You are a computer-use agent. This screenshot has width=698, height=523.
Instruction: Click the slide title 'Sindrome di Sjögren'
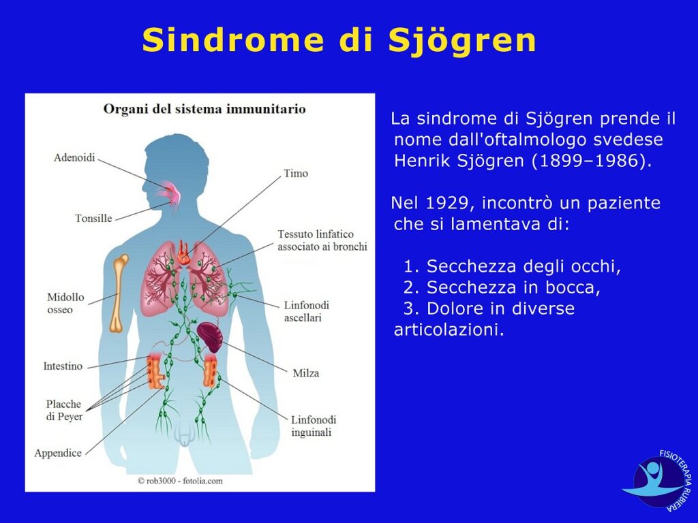click(339, 40)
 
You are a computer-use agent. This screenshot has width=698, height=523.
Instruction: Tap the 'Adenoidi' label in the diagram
click(74, 158)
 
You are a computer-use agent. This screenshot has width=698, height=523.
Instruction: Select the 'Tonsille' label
click(93, 219)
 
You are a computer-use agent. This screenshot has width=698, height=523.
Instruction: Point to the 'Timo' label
click(296, 174)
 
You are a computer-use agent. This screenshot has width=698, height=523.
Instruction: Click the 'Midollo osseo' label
click(65, 303)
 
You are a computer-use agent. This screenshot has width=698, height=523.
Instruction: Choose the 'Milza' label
click(306, 373)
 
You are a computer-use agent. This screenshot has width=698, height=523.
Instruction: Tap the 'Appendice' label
click(58, 453)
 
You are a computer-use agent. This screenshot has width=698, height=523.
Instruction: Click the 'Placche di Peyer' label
click(65, 410)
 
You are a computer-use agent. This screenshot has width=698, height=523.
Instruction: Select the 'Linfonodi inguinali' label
click(314, 426)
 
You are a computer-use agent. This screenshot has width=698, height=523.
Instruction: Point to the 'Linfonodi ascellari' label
click(307, 311)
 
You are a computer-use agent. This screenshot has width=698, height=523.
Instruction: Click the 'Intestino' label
click(63, 366)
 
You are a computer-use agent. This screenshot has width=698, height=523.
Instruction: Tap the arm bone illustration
click(119, 294)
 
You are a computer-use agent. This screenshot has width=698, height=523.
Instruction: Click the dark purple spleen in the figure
click(211, 336)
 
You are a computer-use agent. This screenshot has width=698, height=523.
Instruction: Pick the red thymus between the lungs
click(183, 253)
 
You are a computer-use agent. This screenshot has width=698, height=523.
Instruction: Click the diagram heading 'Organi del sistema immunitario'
click(204, 109)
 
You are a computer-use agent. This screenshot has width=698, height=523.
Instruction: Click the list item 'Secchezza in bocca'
click(502, 287)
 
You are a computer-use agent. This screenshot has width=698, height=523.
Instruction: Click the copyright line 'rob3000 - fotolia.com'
click(180, 481)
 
